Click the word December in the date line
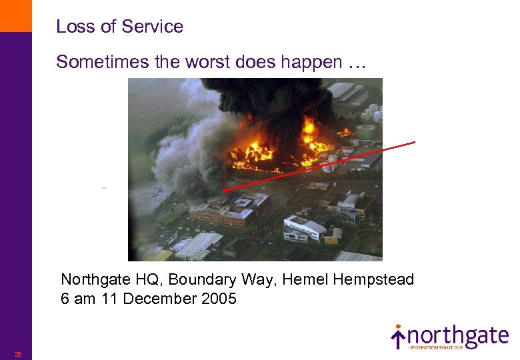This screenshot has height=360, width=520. click(151, 299)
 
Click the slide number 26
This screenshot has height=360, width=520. click(18, 354)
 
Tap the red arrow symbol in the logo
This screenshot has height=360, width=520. click(398, 336)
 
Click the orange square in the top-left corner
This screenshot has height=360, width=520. click(15, 15)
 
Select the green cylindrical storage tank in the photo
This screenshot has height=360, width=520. click(365, 131)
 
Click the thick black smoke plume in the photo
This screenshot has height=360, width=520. click(267, 100)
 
